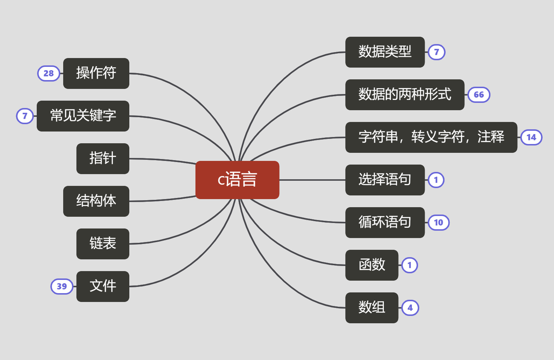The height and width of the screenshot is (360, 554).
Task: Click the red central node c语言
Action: tap(237, 180)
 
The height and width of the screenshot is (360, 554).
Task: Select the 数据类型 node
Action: tap(385, 52)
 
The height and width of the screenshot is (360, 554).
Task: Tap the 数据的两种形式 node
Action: tap(404, 95)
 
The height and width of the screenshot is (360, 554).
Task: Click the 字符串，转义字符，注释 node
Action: tap(431, 137)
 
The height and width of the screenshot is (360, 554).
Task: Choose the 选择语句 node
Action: tap(385, 180)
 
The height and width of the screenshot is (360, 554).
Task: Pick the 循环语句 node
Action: tap(385, 223)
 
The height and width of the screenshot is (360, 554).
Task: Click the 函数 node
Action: tap(371, 265)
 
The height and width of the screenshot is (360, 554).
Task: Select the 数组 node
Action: tap(371, 308)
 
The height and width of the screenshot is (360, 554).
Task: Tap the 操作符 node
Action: tap(96, 73)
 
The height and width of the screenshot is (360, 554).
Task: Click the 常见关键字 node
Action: tap(83, 116)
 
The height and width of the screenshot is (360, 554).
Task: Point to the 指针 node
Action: tap(102, 159)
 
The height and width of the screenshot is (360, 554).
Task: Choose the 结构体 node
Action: tap(96, 201)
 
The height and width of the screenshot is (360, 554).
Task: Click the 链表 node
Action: tap(102, 244)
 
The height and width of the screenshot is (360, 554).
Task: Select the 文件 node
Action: tap(102, 287)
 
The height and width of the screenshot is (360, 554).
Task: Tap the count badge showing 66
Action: tap(479, 95)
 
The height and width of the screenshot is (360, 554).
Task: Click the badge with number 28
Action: tap(48, 73)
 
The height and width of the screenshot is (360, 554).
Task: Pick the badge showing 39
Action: tap(62, 287)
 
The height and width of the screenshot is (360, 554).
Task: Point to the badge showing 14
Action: tap(531, 137)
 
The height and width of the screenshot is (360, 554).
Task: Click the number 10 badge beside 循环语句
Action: tap(439, 223)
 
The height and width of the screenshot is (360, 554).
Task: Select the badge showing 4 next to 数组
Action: tap(410, 308)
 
